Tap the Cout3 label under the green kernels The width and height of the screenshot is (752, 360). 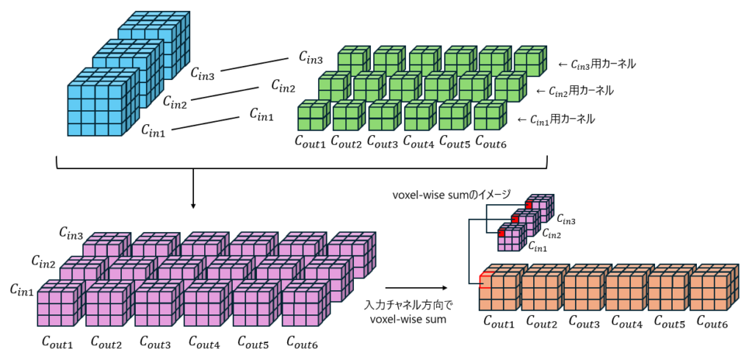383,141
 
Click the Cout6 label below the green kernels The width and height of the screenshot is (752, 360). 491,141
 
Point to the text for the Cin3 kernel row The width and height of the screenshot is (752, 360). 596,65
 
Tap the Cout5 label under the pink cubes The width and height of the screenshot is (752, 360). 253,342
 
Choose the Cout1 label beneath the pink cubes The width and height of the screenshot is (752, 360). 57,342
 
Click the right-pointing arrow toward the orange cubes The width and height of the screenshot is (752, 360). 416,288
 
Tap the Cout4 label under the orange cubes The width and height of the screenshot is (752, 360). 626,322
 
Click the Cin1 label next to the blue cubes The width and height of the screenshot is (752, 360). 155,132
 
